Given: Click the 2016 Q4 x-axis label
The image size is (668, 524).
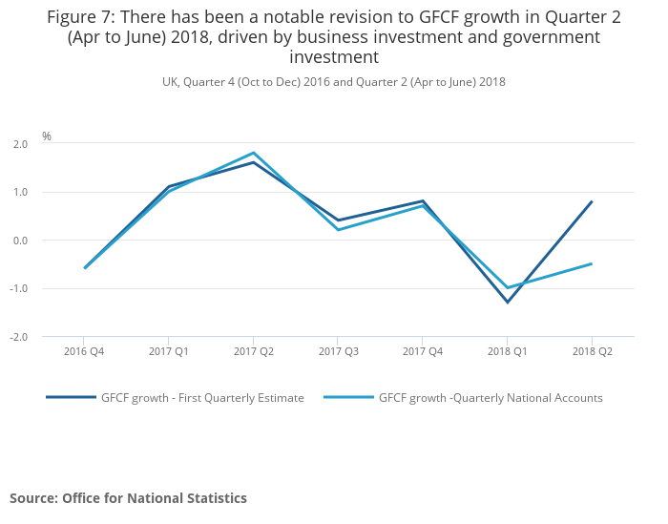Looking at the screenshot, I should (84, 351).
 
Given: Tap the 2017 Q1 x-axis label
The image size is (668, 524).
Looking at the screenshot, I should (169, 351).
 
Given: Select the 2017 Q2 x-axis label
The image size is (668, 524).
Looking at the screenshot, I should (253, 351).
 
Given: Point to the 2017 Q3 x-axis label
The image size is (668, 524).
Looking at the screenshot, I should (338, 351).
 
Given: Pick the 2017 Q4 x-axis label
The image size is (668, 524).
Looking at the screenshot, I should (423, 351).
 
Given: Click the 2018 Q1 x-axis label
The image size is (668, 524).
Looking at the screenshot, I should (507, 351).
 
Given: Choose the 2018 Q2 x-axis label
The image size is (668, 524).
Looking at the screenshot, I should (592, 351).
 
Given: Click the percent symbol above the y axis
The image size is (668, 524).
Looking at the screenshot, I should (47, 136).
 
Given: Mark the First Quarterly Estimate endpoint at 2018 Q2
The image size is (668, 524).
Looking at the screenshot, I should (592, 201).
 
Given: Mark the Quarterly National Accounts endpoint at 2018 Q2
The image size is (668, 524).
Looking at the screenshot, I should (592, 263).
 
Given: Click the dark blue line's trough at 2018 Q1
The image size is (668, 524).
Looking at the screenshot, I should (507, 303).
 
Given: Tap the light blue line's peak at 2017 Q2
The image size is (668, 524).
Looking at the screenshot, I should (253, 153).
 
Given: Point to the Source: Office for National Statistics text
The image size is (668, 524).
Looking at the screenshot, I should (128, 498).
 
